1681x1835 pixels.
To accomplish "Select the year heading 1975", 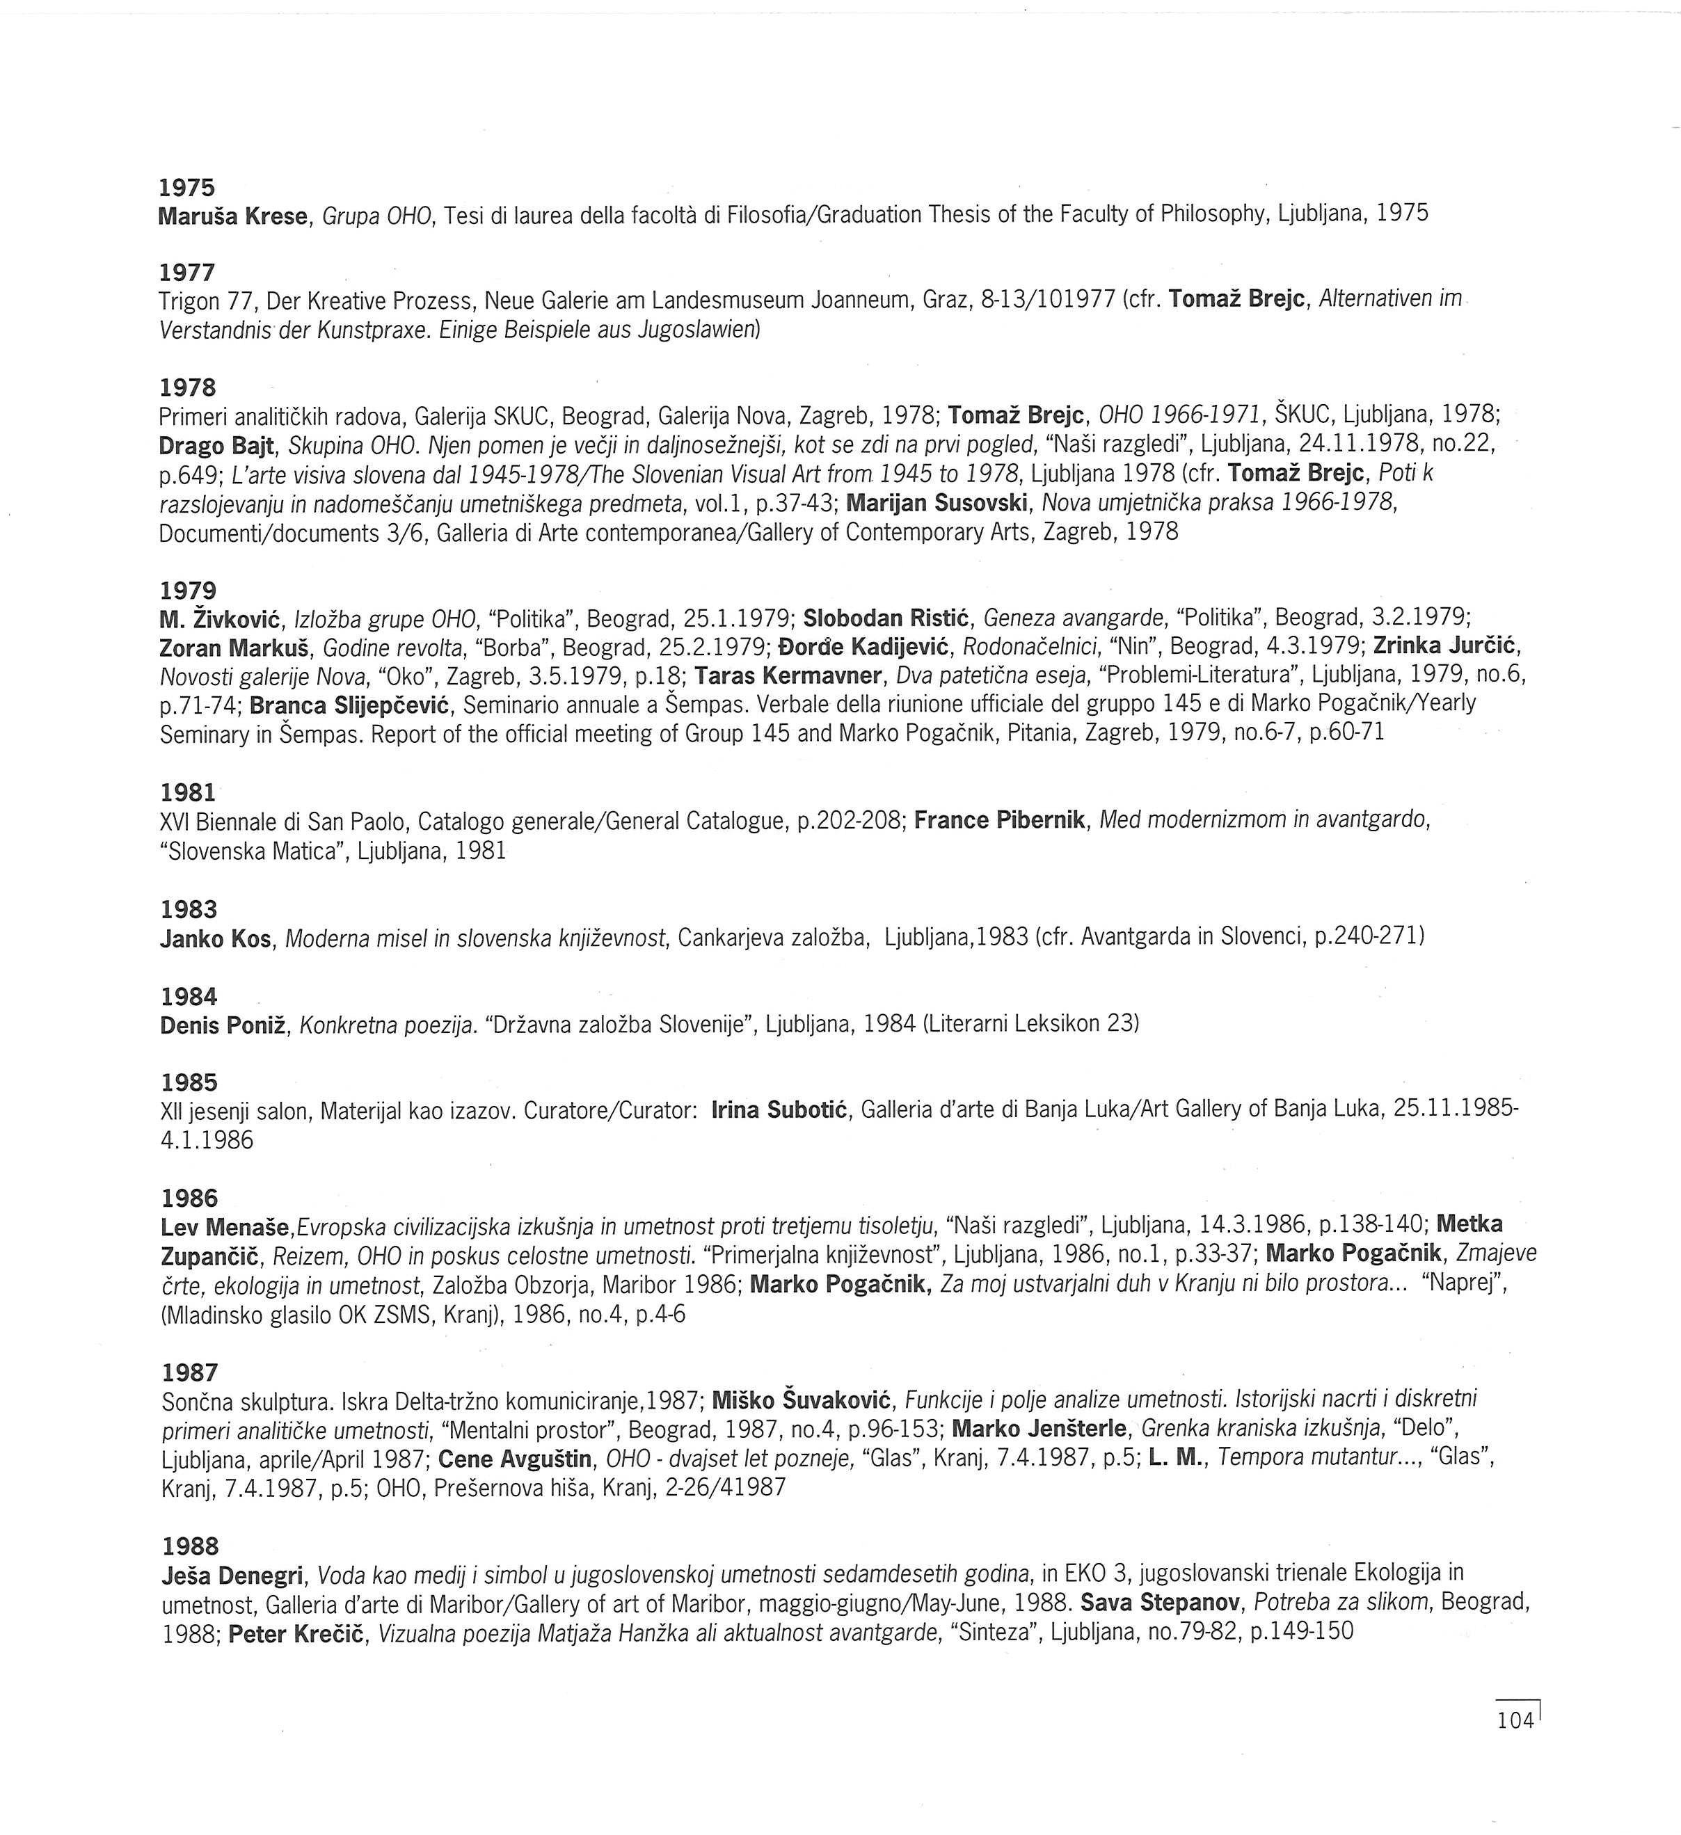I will click(x=186, y=188).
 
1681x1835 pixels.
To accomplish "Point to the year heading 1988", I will click(x=191, y=1546).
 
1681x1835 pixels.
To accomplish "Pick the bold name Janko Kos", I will click(x=216, y=938).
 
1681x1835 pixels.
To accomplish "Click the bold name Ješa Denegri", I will click(x=237, y=1573).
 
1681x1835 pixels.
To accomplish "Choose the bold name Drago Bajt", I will click(x=216, y=445).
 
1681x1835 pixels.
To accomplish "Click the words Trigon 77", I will click(x=198, y=301).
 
